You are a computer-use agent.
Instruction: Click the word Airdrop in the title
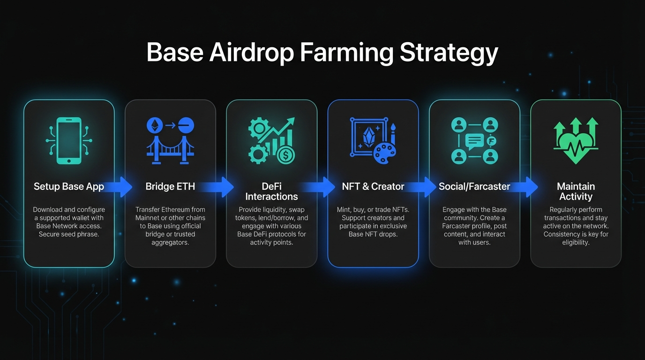[251, 52]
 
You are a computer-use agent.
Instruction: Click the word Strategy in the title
[449, 52]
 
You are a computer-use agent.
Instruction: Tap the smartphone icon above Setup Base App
[69, 141]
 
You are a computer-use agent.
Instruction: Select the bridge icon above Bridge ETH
[170, 150]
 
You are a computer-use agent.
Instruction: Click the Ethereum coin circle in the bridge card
[155, 125]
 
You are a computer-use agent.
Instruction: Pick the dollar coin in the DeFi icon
[285, 156]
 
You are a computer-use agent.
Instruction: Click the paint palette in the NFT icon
[384, 153]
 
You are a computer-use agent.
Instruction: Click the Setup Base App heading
[69, 187]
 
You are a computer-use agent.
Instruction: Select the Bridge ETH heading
[170, 187]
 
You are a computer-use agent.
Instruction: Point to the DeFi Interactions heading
[271, 191]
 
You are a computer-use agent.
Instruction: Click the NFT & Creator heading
[373, 187]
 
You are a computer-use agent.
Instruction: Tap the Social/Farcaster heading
[474, 187]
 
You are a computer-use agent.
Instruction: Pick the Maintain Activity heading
[576, 191]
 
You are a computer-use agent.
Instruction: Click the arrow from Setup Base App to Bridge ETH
[118, 187]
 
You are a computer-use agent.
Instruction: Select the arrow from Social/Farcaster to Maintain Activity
[524, 187]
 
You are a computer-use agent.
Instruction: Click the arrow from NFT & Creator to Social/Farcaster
[422, 187]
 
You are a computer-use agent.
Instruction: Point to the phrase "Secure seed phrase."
[69, 234]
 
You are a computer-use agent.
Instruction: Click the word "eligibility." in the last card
[576, 242]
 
